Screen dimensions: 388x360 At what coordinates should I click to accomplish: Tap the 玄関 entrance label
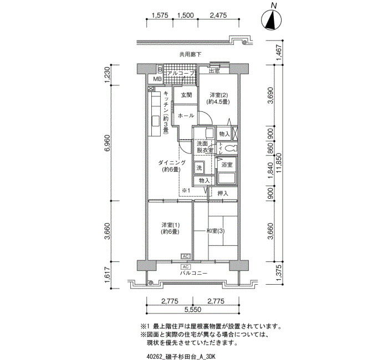186,95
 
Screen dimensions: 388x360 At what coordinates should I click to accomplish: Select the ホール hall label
186,115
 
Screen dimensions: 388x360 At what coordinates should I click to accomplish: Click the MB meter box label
157,79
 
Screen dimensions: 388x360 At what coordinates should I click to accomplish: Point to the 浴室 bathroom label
227,164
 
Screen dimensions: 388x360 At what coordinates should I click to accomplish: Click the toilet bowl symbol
231,148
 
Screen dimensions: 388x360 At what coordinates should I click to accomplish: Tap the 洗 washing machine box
199,168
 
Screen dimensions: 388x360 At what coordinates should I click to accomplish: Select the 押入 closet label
223,194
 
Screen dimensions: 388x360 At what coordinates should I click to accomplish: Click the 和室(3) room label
216,231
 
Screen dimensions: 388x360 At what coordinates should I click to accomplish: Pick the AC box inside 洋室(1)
186,256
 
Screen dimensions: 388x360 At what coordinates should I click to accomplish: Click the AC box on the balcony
186,267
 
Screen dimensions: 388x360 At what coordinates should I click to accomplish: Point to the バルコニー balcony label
193,273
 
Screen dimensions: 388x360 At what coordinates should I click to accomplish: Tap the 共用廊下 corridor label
190,54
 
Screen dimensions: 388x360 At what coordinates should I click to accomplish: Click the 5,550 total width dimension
193,309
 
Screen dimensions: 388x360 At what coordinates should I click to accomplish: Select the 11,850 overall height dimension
280,164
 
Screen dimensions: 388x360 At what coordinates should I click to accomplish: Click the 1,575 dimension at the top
160,16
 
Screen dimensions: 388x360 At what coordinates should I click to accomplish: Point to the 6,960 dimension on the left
108,143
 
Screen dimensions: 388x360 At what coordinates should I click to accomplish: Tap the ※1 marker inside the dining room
186,191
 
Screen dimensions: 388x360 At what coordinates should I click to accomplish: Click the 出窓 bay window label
215,71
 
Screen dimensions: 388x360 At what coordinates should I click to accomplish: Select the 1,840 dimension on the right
270,171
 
